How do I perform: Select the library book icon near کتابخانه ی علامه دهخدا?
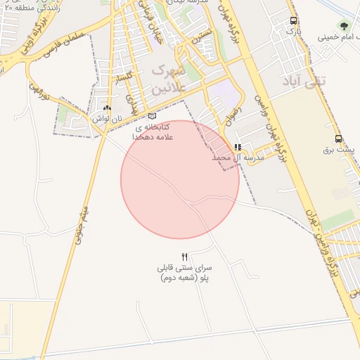(x=153, y=116)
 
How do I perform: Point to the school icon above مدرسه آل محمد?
(x=238, y=147)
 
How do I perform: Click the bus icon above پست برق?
(x=338, y=139)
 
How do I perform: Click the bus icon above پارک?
(x=293, y=21)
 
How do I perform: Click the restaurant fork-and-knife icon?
(x=185, y=257)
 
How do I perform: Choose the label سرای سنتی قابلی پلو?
(x=185, y=274)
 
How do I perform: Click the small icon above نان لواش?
(x=107, y=108)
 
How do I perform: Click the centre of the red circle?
(x=180, y=179)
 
